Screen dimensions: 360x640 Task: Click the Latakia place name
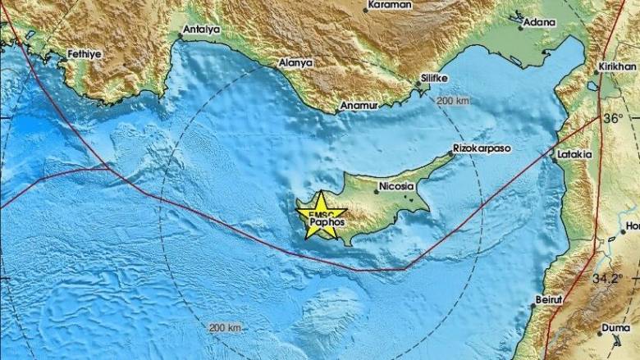tap(574, 153)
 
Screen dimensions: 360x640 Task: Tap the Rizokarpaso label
tap(482, 149)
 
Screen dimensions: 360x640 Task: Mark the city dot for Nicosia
tap(377, 192)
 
